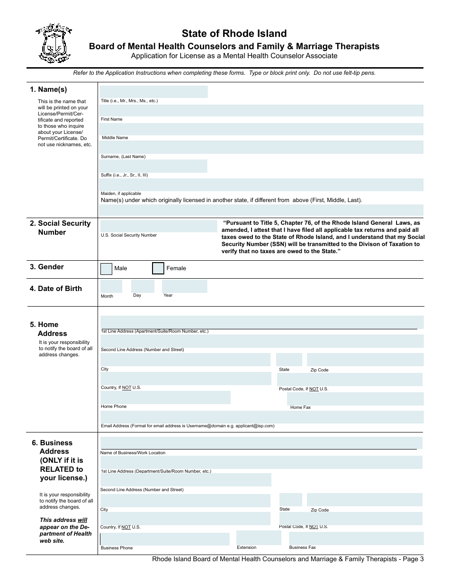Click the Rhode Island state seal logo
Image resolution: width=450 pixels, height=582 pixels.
pos(54,44)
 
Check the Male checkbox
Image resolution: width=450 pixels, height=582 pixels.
pos(107,269)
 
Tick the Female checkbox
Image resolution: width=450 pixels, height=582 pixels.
pos(158,268)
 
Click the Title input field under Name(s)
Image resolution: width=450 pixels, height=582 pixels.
pos(153,92)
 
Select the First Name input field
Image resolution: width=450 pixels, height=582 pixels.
pos(261,111)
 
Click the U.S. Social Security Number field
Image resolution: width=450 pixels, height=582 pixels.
pos(158,226)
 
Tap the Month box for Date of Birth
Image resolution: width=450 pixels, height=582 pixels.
pos(111,286)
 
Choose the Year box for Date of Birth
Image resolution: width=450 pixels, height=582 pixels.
pos(184,286)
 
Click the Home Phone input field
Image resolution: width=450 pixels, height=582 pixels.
pos(165,397)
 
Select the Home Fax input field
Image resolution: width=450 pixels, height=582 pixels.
pos(355,399)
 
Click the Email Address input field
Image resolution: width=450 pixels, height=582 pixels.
pos(261,417)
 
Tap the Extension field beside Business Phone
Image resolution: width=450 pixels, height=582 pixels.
pos(259,538)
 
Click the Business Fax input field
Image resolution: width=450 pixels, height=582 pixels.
pos(356,538)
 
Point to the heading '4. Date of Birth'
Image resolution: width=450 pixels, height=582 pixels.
pos(56,289)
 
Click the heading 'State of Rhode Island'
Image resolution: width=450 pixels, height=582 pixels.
pos(234,34)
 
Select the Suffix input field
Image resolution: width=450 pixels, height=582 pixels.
pos(153,166)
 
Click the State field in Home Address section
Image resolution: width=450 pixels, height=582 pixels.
pos(289,360)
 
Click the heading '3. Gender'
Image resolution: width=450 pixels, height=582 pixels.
pos(47,267)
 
